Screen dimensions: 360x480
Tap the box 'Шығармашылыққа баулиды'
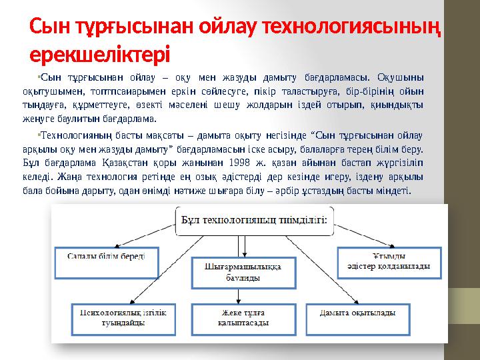click(x=243, y=272)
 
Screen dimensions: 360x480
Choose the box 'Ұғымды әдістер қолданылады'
click(x=389, y=261)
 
